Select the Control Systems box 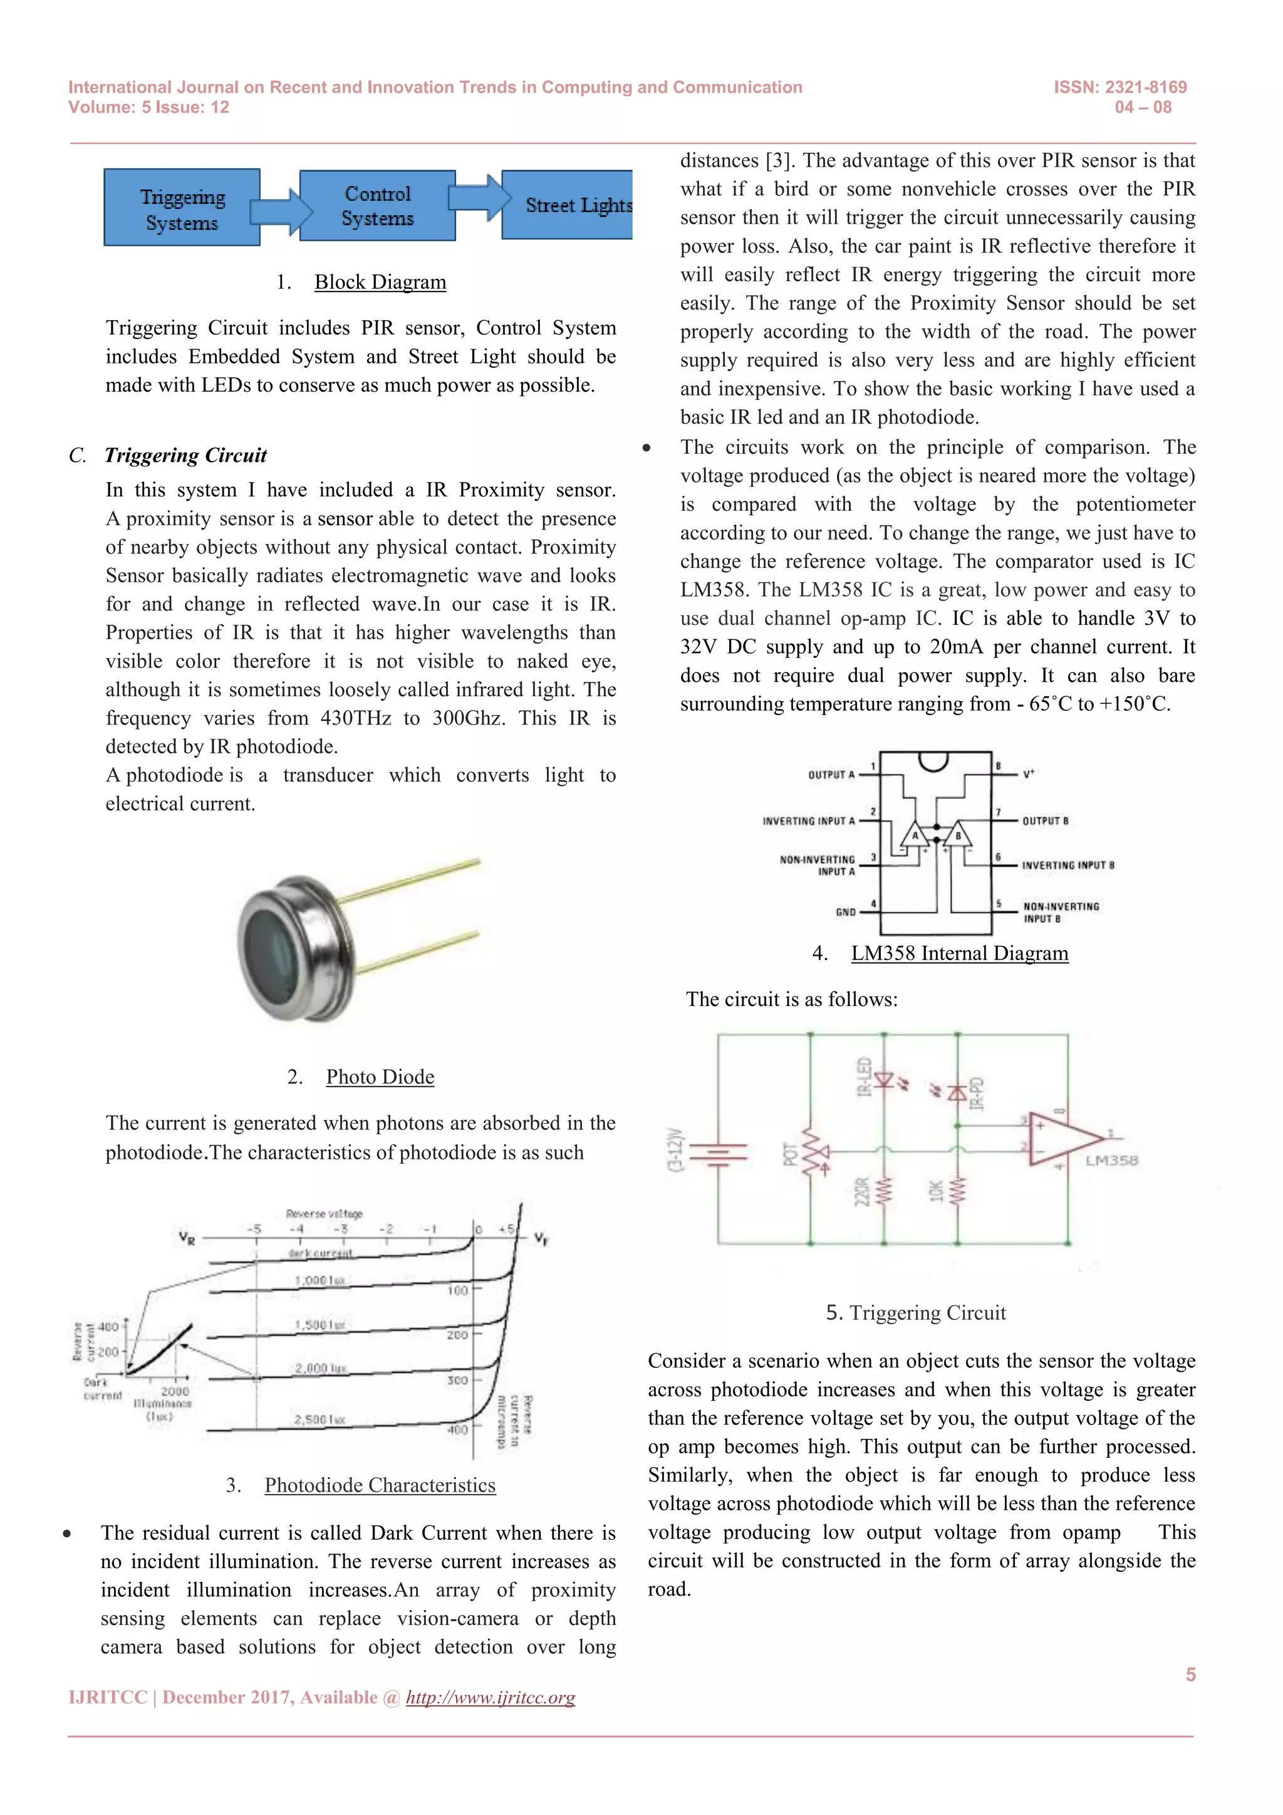coord(378,206)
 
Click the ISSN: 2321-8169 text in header coord(1119,87)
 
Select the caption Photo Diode coord(380,1077)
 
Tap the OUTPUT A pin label coord(831,775)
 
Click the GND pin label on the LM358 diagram coord(845,911)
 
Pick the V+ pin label coord(1029,774)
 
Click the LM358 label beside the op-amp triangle coord(1111,1161)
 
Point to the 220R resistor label coord(863,1192)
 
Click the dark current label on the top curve coord(320,1253)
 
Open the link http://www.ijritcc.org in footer coord(490,1698)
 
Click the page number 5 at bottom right coord(1190,1674)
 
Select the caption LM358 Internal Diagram coord(959,953)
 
